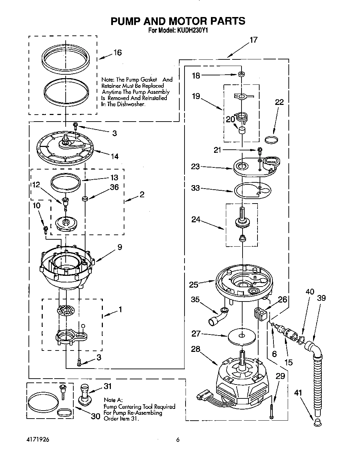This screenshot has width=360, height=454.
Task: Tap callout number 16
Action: [117, 52]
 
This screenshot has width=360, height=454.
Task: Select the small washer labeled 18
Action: [240, 74]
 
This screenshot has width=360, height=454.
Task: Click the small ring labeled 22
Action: [272, 140]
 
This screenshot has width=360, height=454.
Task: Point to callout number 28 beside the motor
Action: [196, 349]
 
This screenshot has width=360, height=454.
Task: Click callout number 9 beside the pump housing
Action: [120, 247]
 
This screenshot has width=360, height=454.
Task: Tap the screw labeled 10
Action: [45, 229]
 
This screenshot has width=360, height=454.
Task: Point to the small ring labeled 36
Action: [84, 199]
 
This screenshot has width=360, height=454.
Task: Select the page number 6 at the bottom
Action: [178, 440]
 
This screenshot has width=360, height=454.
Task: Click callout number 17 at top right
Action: [254, 40]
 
